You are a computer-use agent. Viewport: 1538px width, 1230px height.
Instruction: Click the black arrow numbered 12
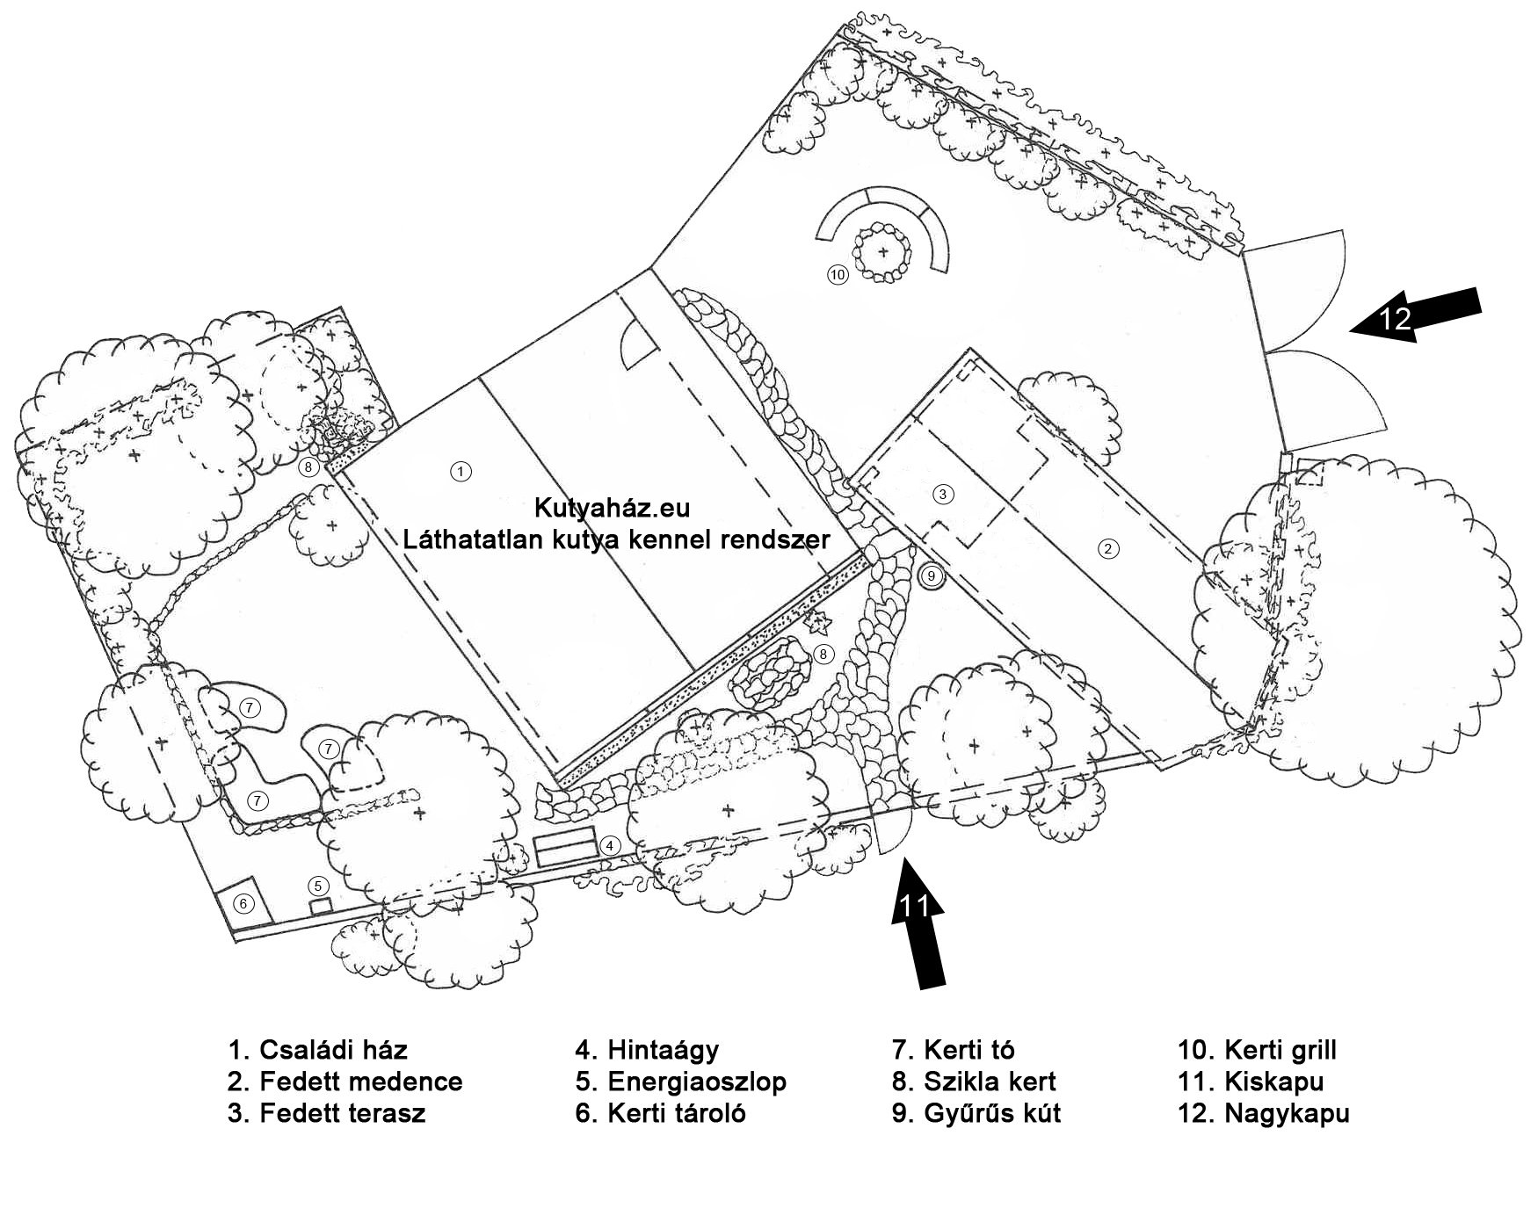(1414, 316)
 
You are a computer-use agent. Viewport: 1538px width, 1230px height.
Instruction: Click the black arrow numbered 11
(918, 922)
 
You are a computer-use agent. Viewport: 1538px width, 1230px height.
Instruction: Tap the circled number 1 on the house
(461, 472)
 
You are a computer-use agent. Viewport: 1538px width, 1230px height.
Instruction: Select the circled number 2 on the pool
(1108, 549)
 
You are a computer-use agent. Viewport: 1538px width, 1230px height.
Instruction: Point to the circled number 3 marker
(943, 494)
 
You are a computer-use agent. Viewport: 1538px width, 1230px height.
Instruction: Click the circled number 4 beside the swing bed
(610, 846)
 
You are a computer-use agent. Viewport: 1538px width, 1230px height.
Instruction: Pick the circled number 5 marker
(319, 886)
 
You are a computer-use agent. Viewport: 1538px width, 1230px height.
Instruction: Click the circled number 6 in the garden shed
(243, 903)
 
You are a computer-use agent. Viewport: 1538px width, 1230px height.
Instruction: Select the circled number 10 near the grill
(838, 275)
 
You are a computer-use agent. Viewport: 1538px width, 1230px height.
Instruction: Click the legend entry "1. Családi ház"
(317, 1050)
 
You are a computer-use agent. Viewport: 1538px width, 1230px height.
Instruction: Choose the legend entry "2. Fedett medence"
(345, 1082)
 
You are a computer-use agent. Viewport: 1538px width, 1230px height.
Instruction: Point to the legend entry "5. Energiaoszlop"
(680, 1082)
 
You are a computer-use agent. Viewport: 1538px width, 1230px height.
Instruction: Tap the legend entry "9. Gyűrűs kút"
(976, 1113)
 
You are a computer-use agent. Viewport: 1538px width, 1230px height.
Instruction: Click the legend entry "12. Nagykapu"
(1263, 1113)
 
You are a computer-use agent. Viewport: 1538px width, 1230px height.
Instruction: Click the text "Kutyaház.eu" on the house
(612, 508)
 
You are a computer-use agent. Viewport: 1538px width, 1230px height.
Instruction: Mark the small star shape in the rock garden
(819, 624)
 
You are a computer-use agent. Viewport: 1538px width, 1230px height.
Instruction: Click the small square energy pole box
(321, 906)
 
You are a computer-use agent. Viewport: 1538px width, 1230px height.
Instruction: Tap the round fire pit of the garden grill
(882, 253)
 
